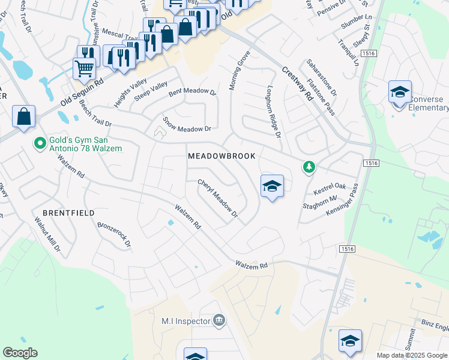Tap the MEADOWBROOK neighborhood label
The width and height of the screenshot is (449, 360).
click(221, 156)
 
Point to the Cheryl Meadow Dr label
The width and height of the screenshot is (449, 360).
click(218, 199)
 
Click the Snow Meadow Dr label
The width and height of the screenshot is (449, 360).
click(187, 123)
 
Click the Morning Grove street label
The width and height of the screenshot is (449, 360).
click(239, 71)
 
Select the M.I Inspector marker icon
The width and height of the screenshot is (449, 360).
click(218, 320)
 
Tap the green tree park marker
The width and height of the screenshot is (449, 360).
click(309, 166)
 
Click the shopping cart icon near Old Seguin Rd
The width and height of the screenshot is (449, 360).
click(85, 68)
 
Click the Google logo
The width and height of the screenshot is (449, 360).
click(20, 353)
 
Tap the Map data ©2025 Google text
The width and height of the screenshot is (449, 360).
click(411, 355)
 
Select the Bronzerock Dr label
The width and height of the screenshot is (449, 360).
click(113, 236)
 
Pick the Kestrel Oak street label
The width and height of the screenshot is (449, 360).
click(330, 188)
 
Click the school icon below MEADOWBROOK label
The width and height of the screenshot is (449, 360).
click(272, 187)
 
